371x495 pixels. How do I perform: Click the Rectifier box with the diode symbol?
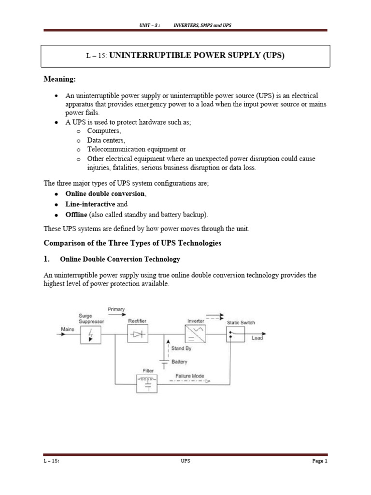pos(138,333)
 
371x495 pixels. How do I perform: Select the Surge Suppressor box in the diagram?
pos(91,334)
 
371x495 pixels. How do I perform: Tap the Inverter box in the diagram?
pos(195,333)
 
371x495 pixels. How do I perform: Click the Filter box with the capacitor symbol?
pos(148,383)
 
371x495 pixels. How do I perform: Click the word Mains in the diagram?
pos(68,329)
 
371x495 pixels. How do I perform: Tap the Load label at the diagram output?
pos(257,338)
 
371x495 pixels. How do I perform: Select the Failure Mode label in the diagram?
pos(189,376)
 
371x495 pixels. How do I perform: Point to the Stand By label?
pos(182,348)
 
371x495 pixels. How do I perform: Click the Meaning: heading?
pos(60,79)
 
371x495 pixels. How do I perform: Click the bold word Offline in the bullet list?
pos(76,215)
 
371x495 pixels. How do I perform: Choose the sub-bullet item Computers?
pos(104,131)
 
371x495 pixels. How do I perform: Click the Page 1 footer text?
pos(319,461)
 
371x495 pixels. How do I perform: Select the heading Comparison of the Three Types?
pos(132,243)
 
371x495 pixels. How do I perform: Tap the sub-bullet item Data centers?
pos(106,140)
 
